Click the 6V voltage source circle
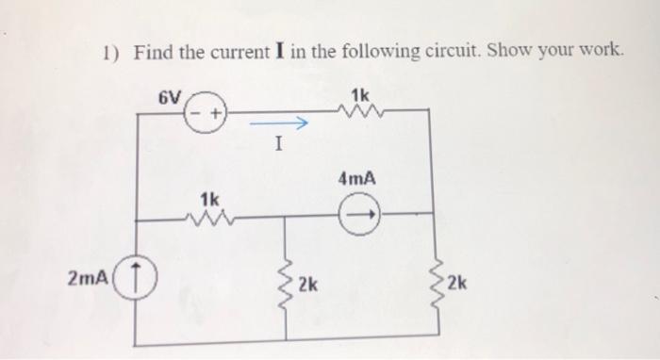point(206,114)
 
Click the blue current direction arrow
point(278,124)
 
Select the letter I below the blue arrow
point(277,146)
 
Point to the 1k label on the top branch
point(360,94)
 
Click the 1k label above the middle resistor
point(209,198)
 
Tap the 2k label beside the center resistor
point(308,284)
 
